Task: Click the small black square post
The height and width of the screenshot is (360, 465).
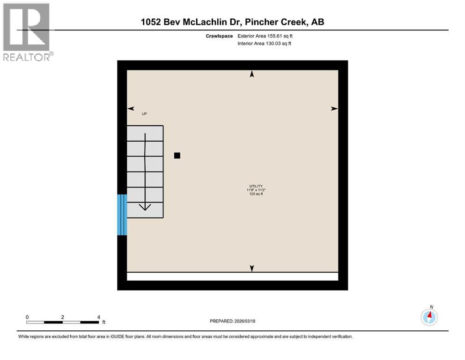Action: (x=177, y=156)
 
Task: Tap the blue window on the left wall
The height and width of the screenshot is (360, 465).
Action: (x=122, y=215)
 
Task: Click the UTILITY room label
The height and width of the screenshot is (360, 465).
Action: (x=256, y=186)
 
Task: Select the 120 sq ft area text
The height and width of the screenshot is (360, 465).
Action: (x=256, y=194)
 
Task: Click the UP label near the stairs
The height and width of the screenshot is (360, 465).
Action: (x=144, y=114)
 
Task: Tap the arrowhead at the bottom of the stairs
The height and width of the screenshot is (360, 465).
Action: (x=145, y=207)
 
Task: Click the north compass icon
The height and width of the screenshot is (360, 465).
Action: (x=429, y=317)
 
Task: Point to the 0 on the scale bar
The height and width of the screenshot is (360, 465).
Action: (x=28, y=317)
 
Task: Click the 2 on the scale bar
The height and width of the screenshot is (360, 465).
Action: (x=63, y=317)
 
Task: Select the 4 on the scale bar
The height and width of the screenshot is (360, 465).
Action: (x=98, y=317)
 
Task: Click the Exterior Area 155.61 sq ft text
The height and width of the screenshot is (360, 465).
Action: (x=266, y=36)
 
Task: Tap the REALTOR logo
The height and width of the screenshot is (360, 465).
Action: (x=27, y=32)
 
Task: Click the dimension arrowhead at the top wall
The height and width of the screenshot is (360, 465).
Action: (x=252, y=74)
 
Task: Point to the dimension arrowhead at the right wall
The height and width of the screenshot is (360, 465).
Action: (x=334, y=109)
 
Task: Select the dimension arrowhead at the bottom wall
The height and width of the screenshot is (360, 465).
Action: (x=252, y=268)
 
